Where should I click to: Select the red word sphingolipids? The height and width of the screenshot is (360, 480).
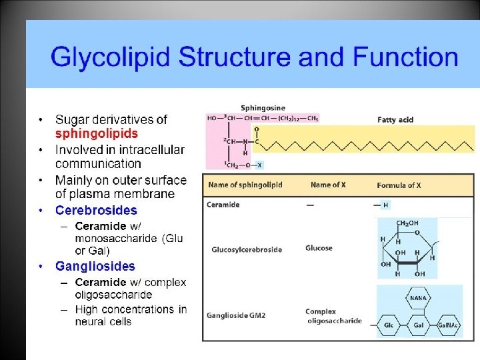click(96, 133)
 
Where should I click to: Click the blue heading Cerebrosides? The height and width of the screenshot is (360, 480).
click(96, 210)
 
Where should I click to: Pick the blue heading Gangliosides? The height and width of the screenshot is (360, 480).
click(95, 267)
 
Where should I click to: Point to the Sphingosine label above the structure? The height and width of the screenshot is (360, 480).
click(263, 107)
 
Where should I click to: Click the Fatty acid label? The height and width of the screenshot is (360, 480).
click(395, 120)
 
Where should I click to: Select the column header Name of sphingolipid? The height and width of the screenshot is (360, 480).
click(245, 185)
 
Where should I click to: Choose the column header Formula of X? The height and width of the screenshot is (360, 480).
click(399, 185)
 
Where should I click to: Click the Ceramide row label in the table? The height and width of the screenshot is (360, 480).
click(223, 205)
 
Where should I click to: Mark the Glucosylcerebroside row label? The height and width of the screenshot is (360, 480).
click(247, 249)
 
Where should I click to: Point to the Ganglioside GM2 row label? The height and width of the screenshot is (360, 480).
click(237, 315)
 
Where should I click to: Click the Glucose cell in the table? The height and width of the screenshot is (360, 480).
click(319, 248)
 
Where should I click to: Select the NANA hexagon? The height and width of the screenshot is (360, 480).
click(419, 298)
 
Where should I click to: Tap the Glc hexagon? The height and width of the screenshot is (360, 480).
click(389, 325)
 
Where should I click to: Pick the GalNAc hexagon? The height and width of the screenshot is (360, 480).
click(447, 325)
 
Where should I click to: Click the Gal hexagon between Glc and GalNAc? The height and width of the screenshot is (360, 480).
click(419, 325)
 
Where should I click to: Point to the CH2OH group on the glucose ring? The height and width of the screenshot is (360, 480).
click(407, 223)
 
